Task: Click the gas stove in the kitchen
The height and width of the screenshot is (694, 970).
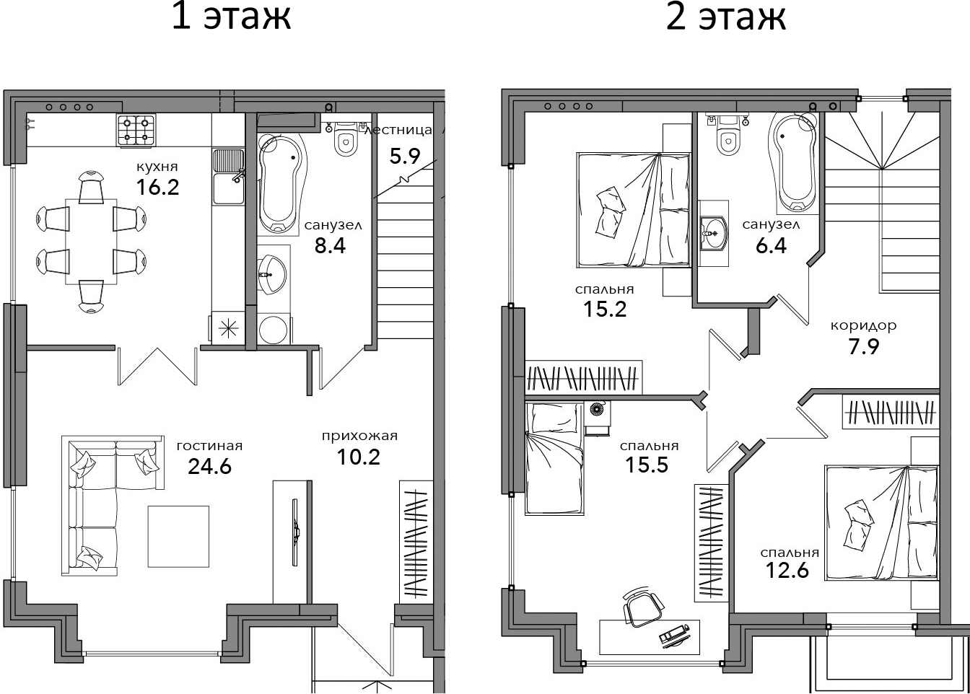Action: pyautogui.click(x=136, y=131)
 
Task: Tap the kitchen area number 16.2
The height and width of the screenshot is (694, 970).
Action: pyautogui.click(x=157, y=188)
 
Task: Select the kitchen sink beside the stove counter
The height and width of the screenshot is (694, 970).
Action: pyautogui.click(x=228, y=177)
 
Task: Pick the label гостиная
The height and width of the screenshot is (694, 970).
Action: pyautogui.click(x=209, y=446)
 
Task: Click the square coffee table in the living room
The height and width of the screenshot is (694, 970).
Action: pyautogui.click(x=178, y=537)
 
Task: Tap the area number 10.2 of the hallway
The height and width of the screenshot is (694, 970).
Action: pyautogui.click(x=359, y=457)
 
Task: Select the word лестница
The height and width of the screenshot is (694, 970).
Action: pyautogui.click(x=398, y=130)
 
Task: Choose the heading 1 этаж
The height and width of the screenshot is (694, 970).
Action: pyautogui.click(x=231, y=17)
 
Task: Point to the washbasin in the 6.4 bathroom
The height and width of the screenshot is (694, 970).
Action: pyautogui.click(x=714, y=234)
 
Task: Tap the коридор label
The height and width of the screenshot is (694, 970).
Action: pyautogui.click(x=863, y=325)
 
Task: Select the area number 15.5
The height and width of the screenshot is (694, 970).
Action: pyautogui.click(x=647, y=465)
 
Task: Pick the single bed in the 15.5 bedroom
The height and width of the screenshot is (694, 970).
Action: pyautogui.click(x=554, y=459)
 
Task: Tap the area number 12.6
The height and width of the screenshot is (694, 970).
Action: pyautogui.click(x=787, y=570)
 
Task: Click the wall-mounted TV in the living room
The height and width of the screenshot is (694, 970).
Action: pyautogui.click(x=295, y=532)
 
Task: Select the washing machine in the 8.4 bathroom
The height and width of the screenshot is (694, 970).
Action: pyautogui.click(x=274, y=330)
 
